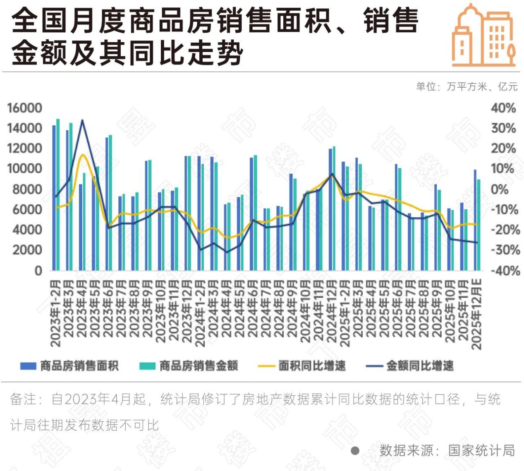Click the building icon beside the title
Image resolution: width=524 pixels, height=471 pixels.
(x=483, y=36)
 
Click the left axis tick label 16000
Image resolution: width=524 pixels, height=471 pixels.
(x=25, y=108)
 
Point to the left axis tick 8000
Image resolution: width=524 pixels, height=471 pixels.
(x=25, y=189)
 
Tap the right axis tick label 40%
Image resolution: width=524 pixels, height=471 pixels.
(x=503, y=108)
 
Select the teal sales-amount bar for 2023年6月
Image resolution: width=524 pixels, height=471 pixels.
(x=110, y=203)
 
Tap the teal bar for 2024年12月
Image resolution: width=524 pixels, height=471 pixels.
(x=334, y=208)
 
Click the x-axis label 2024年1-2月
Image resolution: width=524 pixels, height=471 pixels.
(x=200, y=313)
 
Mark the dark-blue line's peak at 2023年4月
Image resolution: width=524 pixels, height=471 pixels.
(x=82, y=120)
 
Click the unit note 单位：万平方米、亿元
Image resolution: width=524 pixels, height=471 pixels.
(x=467, y=86)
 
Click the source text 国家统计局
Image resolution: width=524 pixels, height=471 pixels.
(x=481, y=450)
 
